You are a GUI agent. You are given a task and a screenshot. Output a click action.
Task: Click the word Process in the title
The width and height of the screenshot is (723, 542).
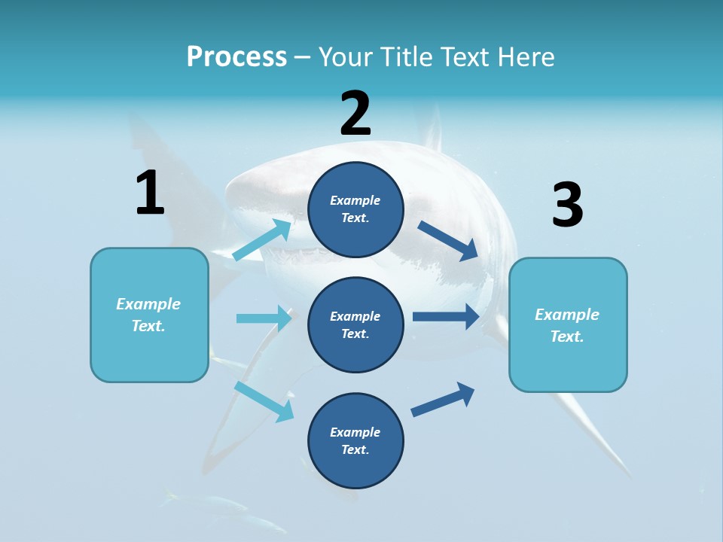point(236,56)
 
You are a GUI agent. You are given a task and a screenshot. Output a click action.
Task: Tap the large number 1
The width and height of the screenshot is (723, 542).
point(150,193)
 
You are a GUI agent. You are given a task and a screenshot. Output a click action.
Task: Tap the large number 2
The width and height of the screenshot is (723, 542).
point(355,114)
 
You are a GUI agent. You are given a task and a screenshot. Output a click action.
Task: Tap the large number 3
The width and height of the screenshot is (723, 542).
point(567,206)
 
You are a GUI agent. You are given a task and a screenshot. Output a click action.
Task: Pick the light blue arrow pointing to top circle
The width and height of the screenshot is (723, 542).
point(263,239)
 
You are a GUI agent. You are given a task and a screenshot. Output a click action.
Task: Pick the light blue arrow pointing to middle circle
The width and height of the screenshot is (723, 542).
point(264,318)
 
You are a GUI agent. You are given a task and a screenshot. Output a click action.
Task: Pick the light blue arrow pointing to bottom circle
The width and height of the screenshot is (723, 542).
point(264,401)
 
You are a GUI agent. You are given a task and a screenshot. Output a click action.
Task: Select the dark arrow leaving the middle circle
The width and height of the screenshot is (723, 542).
point(446,316)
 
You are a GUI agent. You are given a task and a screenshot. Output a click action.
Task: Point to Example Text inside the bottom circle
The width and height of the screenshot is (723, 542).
point(355,440)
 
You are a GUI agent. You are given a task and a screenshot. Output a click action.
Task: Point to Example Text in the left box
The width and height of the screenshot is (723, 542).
point(149,315)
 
